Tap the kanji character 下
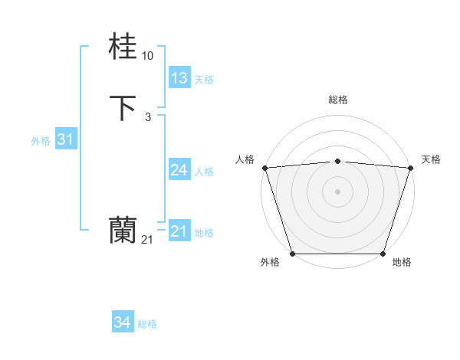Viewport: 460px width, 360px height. [x=123, y=108]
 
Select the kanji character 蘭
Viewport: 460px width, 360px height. [x=123, y=230]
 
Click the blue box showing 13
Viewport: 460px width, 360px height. [x=179, y=78]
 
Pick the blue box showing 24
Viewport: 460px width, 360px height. [x=179, y=170]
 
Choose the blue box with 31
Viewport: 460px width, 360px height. [x=66, y=139]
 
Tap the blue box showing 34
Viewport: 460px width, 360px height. [x=123, y=323]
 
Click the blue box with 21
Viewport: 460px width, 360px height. [x=179, y=231]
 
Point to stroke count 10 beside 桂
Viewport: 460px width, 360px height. [x=148, y=56]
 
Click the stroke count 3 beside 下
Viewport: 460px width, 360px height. [x=148, y=116]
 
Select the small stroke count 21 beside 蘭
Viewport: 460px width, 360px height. [x=148, y=239]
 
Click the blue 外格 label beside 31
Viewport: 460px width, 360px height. [x=41, y=141]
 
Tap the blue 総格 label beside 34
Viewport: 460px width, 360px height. [x=147, y=325]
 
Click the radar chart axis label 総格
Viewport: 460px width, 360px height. [x=338, y=100]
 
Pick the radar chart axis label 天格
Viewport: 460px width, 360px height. [x=431, y=159]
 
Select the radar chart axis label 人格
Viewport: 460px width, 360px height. [x=245, y=159]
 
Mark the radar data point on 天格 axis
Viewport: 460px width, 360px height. [x=411, y=168]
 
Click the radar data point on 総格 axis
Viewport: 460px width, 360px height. [x=338, y=161]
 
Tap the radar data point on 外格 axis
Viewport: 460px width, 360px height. [x=293, y=254]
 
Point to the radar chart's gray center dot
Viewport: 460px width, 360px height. [x=338, y=191]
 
